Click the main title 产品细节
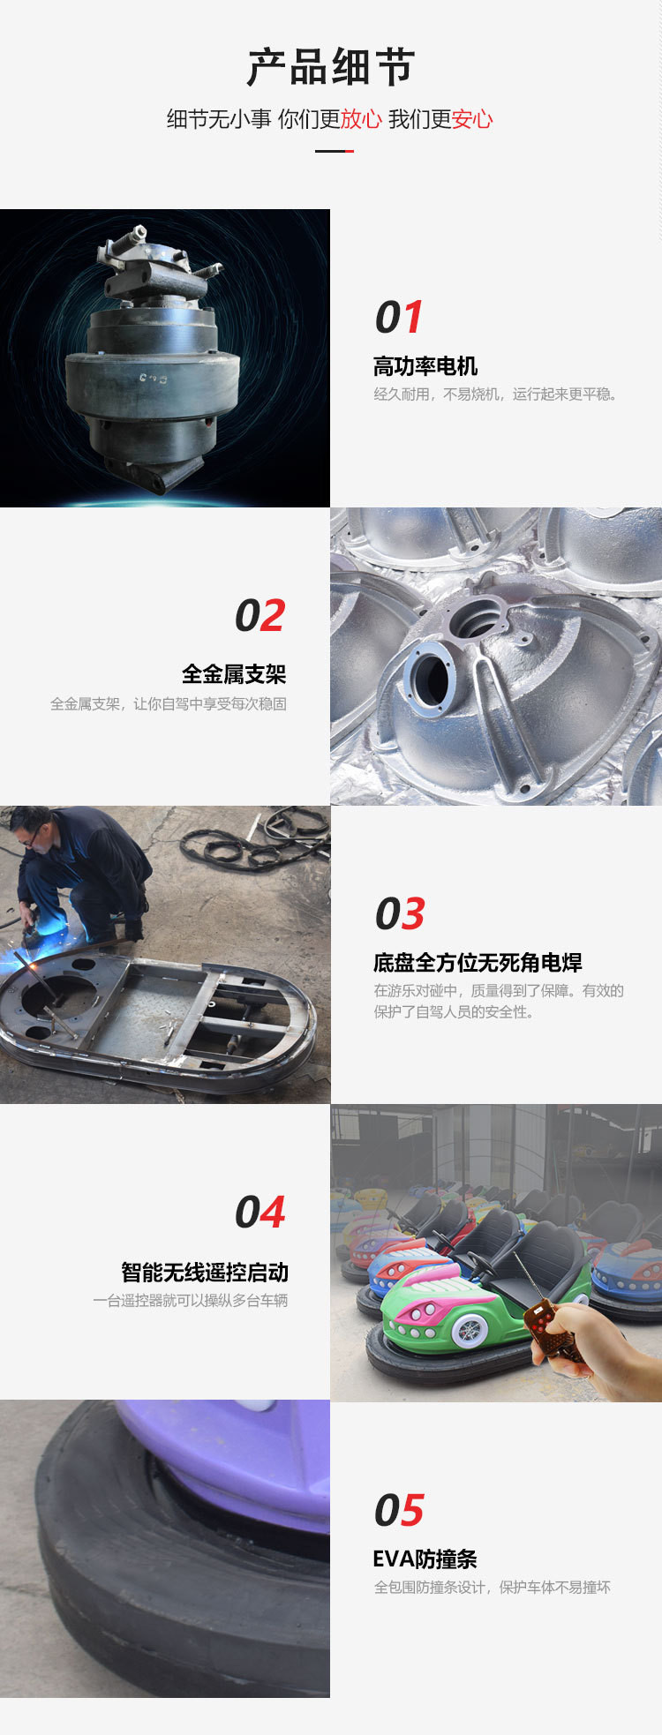tap(331, 67)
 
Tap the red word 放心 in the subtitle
tap(361, 119)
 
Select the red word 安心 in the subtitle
tap(472, 119)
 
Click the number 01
tap(399, 317)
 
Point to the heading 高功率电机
tap(425, 365)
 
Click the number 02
tap(260, 615)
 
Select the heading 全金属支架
tap(234, 674)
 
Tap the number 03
tap(400, 913)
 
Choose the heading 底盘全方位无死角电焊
tap(478, 962)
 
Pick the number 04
tap(260, 1212)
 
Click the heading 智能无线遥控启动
tap(205, 1272)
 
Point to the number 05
tap(399, 1510)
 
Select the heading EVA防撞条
tap(425, 1558)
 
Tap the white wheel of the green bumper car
tap(468, 1330)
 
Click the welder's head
tap(27, 828)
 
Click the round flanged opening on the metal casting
tap(430, 676)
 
